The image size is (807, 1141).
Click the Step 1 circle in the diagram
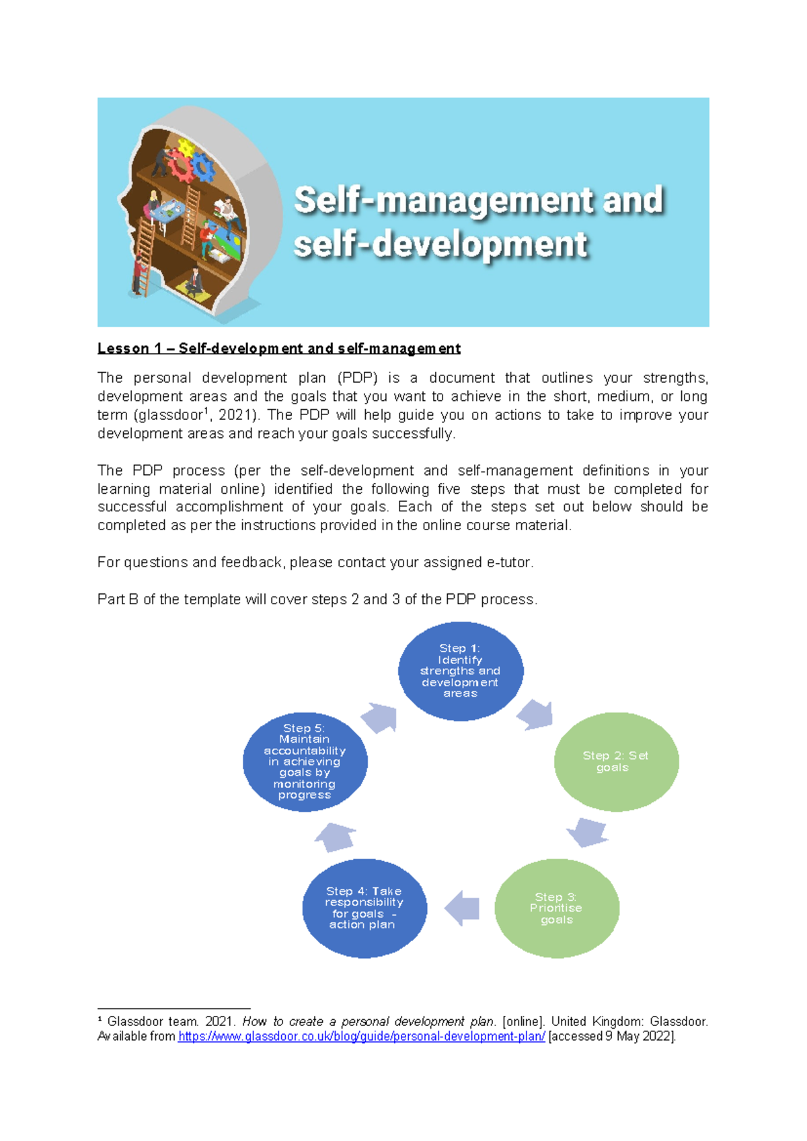461,671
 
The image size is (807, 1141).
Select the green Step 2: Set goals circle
616,762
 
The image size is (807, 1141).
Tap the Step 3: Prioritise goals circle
557,908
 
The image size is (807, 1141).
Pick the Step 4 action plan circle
364,908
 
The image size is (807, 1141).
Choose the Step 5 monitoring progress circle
305,762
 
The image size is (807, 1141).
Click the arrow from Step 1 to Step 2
536,714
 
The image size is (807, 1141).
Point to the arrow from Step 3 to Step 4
462,908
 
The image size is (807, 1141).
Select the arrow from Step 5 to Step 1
380,718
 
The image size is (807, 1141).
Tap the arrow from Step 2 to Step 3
588,833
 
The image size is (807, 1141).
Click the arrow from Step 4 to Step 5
336,837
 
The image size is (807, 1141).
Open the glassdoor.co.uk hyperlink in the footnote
361,1037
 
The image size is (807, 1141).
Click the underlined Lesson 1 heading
278,348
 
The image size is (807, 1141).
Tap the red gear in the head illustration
180,165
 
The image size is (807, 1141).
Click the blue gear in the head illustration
203,168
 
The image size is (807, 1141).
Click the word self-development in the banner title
440,244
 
